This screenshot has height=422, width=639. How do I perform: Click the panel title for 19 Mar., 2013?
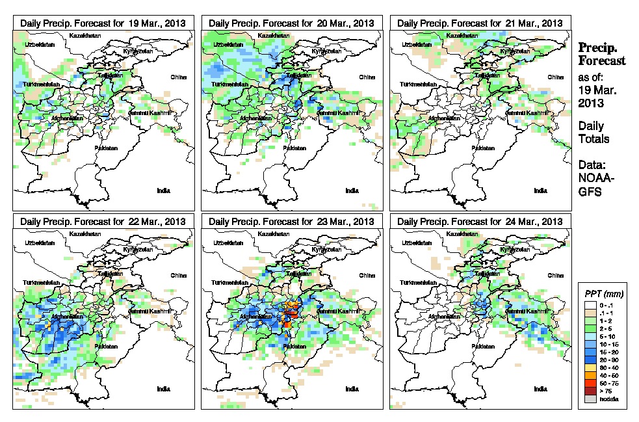coord(103,23)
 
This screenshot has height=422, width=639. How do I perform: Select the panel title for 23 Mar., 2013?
coord(291,222)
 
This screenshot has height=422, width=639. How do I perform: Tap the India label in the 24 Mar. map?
coord(540,389)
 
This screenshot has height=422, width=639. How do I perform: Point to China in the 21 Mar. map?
coord(555,77)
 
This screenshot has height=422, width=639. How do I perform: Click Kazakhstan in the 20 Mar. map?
coord(274,34)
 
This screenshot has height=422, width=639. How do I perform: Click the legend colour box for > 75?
coord(589,391)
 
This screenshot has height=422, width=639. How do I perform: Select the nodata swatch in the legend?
coord(589,399)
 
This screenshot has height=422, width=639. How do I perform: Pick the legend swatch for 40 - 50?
coord(589,375)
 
